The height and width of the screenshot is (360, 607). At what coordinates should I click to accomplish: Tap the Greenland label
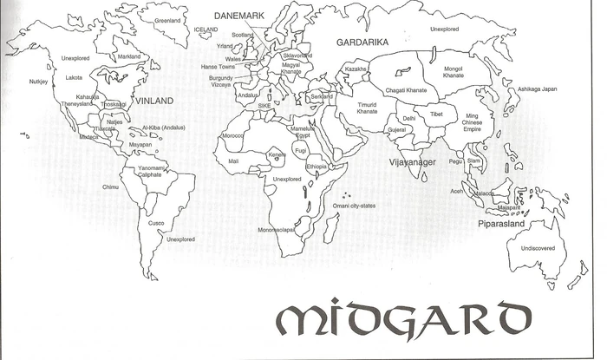pos(166,20)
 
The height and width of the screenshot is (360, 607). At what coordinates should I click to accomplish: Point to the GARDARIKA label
pos(360,42)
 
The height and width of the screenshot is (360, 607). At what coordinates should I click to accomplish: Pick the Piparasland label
pos(501,223)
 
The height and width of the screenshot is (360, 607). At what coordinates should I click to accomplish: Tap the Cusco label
pos(156,223)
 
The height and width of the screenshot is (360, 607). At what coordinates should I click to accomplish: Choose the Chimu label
pos(110,187)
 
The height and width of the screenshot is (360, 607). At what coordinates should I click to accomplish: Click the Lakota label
pos(75,77)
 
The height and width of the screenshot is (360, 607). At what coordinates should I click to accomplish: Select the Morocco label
pos(232,136)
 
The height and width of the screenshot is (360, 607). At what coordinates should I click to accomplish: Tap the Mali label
pos(233,161)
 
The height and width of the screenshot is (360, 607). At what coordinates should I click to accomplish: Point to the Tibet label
pos(436,115)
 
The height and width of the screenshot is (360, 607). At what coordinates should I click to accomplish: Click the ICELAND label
pos(206,29)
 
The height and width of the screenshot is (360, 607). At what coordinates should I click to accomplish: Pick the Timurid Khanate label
pos(367,108)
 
